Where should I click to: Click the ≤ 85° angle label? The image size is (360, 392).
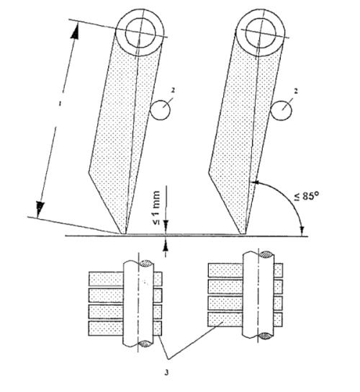(x=306, y=196)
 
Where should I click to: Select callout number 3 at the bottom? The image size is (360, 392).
(x=166, y=373)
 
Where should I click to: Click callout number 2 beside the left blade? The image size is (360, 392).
(x=173, y=91)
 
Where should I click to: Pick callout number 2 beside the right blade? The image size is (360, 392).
(x=295, y=92)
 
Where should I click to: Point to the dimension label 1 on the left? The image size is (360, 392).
(x=59, y=103)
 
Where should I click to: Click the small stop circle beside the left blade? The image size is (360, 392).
(x=160, y=110)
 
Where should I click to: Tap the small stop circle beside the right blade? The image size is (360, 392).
(x=281, y=111)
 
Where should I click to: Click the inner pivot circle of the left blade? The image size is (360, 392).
(x=140, y=32)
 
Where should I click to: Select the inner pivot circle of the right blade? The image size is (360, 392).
(x=261, y=33)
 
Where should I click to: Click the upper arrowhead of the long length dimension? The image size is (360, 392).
(x=75, y=31)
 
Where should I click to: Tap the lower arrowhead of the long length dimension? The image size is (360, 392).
(x=40, y=208)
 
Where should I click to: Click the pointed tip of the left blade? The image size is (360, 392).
(x=123, y=234)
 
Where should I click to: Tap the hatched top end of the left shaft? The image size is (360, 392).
(x=146, y=263)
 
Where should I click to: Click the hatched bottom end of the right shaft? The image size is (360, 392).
(x=266, y=336)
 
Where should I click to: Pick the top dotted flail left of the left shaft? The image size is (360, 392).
(x=106, y=279)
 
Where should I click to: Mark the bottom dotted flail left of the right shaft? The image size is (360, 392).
(x=225, y=319)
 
